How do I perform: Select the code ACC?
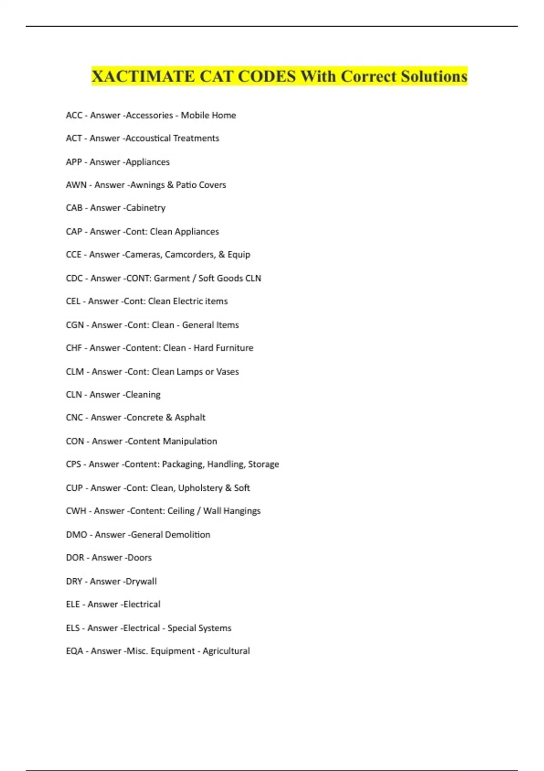pos(74,115)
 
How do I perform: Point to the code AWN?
pos(76,185)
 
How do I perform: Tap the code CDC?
pos(74,278)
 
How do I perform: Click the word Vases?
pos(227,371)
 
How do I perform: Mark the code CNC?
pos(74,417)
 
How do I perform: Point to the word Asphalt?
pos(190,417)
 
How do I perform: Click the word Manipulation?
pos(189,441)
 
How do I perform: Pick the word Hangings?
pos(240,511)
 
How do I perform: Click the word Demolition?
pos(187,535)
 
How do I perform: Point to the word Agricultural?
pos(226,651)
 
